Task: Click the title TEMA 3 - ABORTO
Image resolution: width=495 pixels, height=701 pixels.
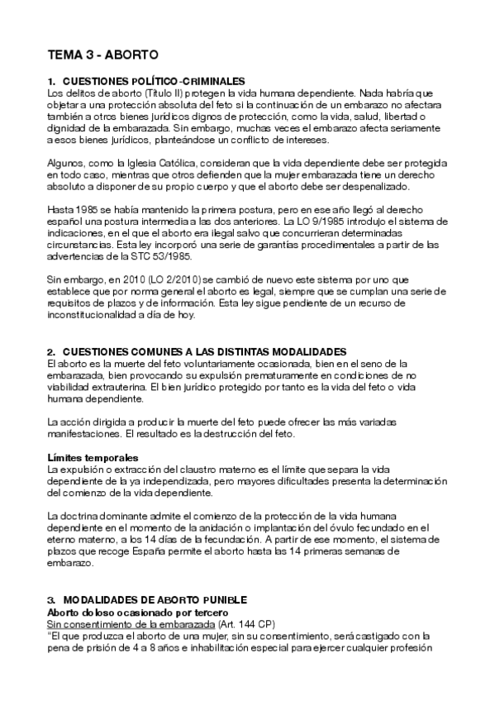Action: coord(103,55)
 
